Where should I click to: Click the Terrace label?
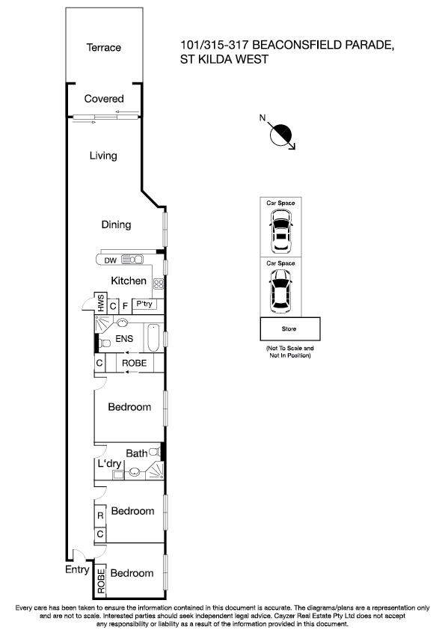pyautogui.click(x=103, y=48)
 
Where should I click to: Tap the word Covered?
pyautogui.click(x=104, y=99)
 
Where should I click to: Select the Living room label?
pyautogui.click(x=103, y=156)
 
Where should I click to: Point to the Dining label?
pyautogui.click(x=116, y=224)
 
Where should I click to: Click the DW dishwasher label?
pyautogui.click(x=110, y=260)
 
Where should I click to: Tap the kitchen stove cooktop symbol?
pyautogui.click(x=159, y=283)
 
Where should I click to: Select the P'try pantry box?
pyautogui.click(x=144, y=305)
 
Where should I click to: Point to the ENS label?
pyautogui.click(x=123, y=338)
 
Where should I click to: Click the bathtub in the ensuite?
pyautogui.click(x=153, y=339)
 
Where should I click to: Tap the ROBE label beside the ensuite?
pyautogui.click(x=135, y=364)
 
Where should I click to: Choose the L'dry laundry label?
pyautogui.click(x=109, y=464)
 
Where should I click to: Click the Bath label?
pyautogui.click(x=136, y=453)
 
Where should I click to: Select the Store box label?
pyautogui.click(x=289, y=328)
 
